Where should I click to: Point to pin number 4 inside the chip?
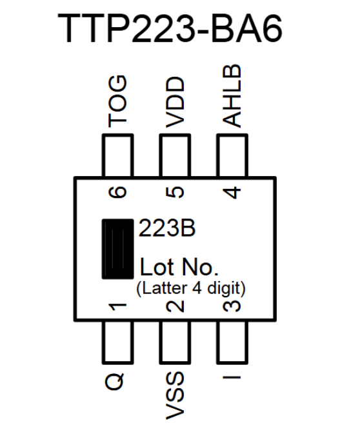point(232,191)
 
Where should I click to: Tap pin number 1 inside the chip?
point(117,304)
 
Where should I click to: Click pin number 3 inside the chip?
point(232,304)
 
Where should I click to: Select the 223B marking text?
point(168,229)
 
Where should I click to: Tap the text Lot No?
point(180,267)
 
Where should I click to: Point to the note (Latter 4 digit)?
point(190,286)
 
